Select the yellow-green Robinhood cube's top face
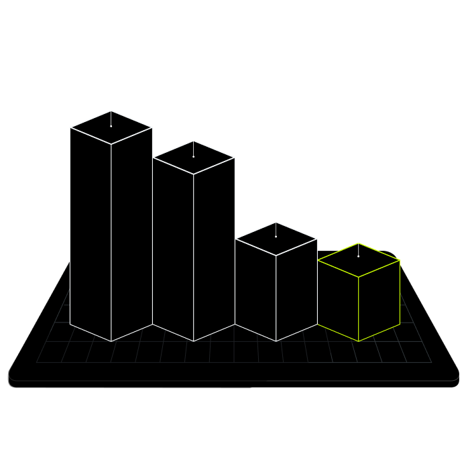359,260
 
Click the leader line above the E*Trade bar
111,107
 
